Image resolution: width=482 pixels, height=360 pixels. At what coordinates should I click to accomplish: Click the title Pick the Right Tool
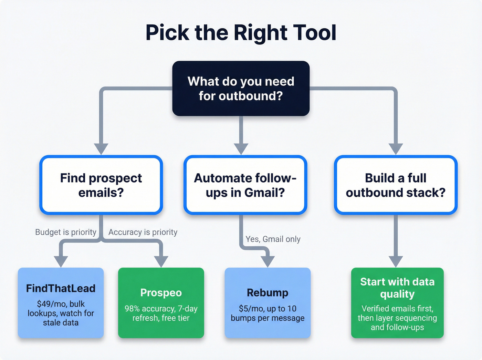click(x=241, y=33)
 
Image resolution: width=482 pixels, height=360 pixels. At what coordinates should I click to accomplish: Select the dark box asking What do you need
click(x=241, y=89)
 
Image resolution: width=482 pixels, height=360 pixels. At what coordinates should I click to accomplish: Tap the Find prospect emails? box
click(x=101, y=185)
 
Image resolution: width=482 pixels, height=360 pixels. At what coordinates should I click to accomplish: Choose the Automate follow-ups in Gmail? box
click(x=245, y=185)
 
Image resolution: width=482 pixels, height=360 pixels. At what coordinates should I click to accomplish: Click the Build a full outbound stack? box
click(x=396, y=185)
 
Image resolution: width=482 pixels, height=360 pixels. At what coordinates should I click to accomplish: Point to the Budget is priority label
click(x=66, y=232)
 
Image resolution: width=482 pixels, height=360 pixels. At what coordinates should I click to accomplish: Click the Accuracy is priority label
click(x=143, y=232)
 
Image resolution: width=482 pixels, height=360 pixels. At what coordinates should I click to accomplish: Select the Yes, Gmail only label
click(x=273, y=239)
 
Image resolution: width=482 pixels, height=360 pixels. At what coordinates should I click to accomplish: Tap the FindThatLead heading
click(x=61, y=288)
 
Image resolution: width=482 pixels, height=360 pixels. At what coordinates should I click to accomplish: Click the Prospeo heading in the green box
click(x=161, y=292)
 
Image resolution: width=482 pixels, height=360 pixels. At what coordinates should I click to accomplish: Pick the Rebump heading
click(x=268, y=292)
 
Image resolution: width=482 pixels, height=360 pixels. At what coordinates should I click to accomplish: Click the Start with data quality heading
click(x=397, y=288)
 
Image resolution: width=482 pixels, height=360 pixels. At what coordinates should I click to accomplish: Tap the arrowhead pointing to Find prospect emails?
click(x=101, y=149)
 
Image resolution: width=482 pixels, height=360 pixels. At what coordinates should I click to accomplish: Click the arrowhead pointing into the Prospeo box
click(x=161, y=261)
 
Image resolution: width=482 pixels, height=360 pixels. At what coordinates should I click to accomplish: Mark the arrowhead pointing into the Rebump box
click(x=268, y=261)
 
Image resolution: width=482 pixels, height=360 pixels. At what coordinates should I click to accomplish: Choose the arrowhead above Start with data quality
click(x=396, y=261)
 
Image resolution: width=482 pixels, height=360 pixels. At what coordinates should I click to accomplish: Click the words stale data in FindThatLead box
click(x=61, y=323)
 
